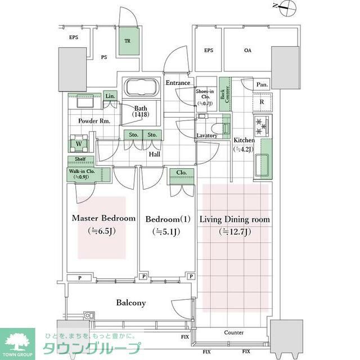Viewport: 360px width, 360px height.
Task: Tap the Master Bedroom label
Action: click(103, 218)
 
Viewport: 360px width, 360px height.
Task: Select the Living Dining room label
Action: click(235, 219)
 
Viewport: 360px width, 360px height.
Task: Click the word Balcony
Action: click(131, 303)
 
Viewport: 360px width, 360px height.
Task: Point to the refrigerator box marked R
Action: click(262, 102)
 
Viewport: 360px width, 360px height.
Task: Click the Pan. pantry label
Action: click(262, 85)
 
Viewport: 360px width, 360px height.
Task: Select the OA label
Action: click(247, 51)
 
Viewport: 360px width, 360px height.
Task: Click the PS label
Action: click(104, 57)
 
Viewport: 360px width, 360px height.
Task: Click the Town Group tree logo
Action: click(17, 341)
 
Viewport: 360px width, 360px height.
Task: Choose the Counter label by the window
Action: click(233, 332)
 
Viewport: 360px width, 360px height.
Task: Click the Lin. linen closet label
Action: click(110, 97)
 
